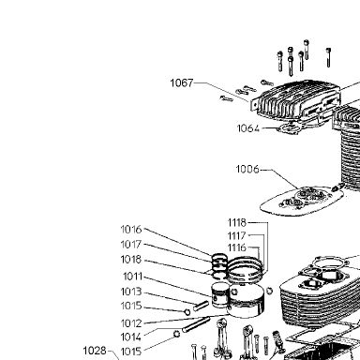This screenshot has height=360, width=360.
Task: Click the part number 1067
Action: coord(182,83)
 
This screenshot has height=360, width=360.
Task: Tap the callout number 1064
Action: coord(248,128)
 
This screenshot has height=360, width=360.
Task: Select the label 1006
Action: coord(247,169)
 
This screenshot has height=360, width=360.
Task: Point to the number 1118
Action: coord(237,223)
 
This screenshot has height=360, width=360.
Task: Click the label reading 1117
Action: coord(237,235)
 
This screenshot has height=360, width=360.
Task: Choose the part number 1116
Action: coord(237,247)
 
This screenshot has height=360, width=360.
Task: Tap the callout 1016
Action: coord(131,230)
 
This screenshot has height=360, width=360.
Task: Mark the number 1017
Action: coord(131,245)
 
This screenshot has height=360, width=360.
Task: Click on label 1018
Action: coord(131,260)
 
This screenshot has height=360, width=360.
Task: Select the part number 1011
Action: coord(133,277)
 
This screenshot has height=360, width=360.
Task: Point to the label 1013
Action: coord(131,292)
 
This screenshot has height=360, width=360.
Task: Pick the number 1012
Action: coord(131,323)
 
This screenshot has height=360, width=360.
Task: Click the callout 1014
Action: coord(131,337)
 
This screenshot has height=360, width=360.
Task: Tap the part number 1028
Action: coord(95,351)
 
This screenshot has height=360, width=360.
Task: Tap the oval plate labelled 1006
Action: coord(302,200)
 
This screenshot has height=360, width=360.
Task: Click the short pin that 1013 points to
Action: coord(201,306)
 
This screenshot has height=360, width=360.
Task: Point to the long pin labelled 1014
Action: coord(196,325)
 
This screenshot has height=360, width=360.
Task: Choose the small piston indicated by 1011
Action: coord(220,295)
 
